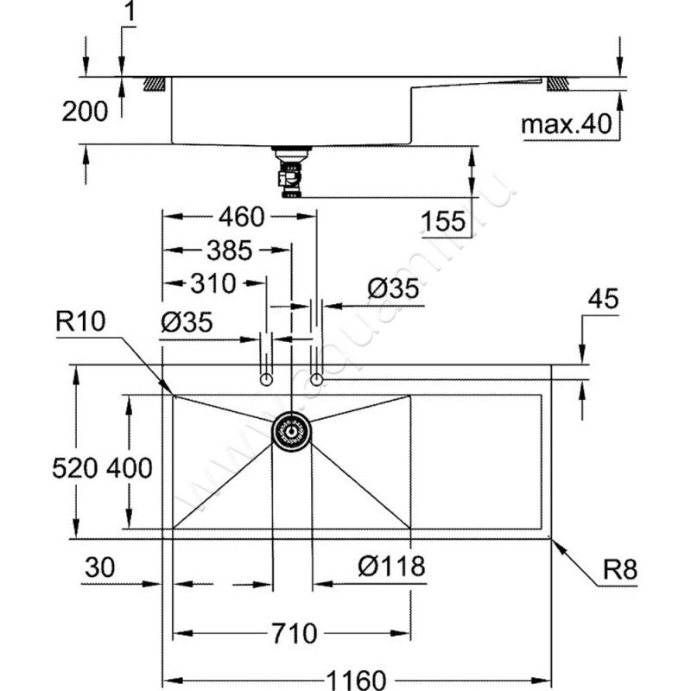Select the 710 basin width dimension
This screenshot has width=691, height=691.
[x=291, y=633]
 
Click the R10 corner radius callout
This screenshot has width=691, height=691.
[x=79, y=322]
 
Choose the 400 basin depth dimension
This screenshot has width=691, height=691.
[x=130, y=468]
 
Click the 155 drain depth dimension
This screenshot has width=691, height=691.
[x=444, y=220]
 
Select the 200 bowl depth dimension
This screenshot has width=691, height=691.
[x=86, y=111]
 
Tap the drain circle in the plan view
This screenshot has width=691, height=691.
[x=292, y=430]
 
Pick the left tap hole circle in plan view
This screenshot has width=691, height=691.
[x=266, y=379]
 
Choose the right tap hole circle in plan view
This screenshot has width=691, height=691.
[x=317, y=379]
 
